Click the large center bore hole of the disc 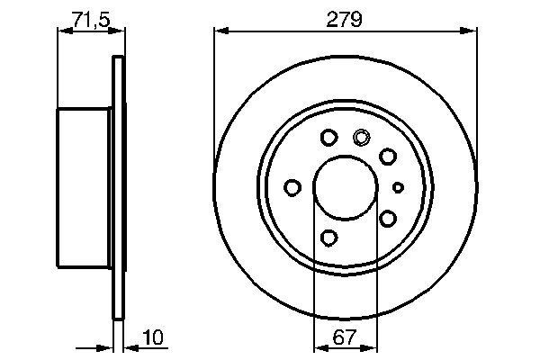(x=345, y=188)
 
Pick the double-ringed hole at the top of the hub (x=362, y=138)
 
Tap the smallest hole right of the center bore (x=400, y=187)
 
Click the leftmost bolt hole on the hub (x=292, y=187)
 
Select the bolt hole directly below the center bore (x=328, y=238)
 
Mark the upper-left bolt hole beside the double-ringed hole (x=328, y=138)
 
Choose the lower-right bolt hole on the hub (x=388, y=219)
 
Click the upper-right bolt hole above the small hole (x=388, y=157)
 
